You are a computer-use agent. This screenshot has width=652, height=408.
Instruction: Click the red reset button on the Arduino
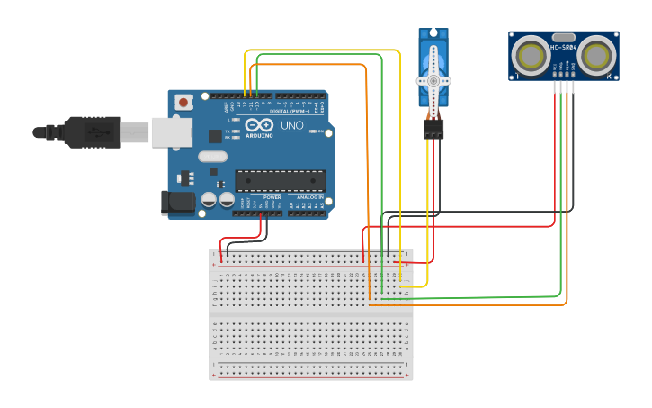183,102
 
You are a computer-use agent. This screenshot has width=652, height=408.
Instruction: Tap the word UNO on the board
292,125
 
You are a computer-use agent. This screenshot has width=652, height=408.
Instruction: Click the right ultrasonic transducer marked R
595,56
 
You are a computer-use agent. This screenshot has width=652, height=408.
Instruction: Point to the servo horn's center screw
433,81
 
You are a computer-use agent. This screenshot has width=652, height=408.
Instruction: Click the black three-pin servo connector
433,130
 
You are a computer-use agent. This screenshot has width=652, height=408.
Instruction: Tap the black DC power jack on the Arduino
176,203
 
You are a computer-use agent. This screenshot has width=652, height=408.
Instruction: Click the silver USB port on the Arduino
171,131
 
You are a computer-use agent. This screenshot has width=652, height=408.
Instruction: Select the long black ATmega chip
280,180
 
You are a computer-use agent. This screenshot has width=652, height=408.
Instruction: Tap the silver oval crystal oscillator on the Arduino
214,157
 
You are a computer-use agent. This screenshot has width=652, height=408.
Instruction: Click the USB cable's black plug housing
90,131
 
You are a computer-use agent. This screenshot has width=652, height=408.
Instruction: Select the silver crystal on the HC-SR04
563,43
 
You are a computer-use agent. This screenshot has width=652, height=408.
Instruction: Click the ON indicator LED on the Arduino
312,131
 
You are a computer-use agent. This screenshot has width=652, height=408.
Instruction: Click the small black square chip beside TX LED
215,136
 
